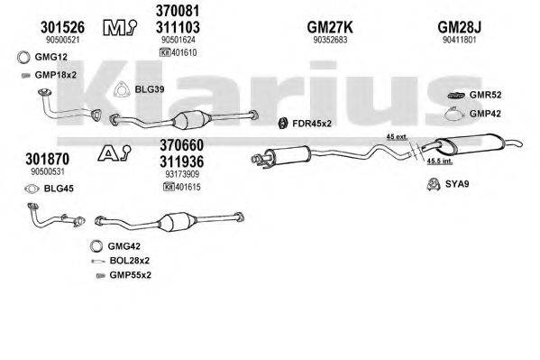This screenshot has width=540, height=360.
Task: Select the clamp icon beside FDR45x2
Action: [280, 122]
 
